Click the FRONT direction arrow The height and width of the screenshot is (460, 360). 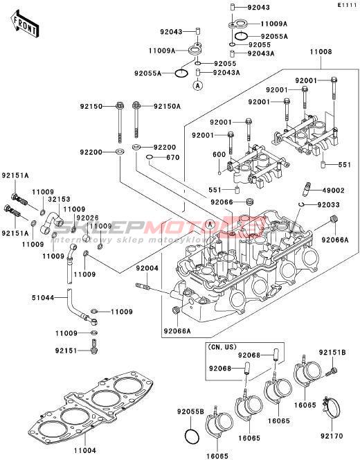point(25,25)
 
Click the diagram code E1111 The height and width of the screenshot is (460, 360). point(347,6)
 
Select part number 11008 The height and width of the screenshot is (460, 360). point(321,52)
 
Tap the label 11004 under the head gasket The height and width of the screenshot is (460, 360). point(85,450)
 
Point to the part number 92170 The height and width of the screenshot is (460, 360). point(332,436)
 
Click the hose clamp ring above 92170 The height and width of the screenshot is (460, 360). point(332,409)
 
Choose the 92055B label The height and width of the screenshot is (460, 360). point(190,412)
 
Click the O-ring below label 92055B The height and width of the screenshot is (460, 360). point(192,436)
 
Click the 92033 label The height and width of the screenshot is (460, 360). point(328,205)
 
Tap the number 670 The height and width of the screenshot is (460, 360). point(172,157)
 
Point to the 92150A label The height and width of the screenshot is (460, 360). point(167,107)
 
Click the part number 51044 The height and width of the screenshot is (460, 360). point(43,298)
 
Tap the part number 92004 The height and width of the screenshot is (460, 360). point(147,268)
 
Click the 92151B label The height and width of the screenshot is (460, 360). point(332,353)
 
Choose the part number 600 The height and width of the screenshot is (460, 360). point(219,154)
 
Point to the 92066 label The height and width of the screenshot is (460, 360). point(222,202)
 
